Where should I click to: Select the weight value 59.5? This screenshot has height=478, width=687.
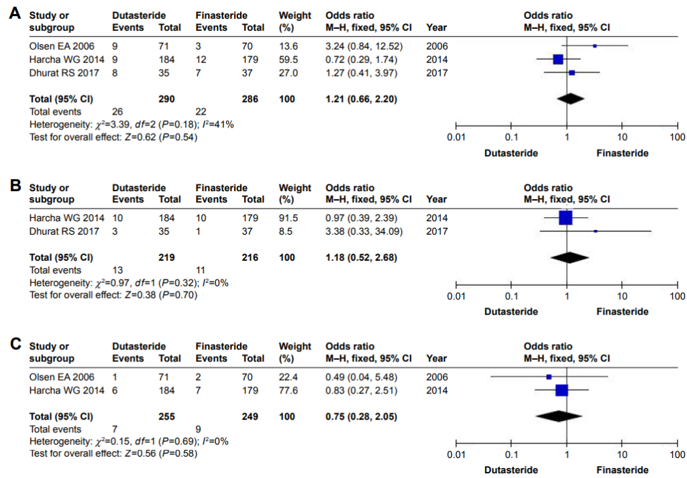coord(287,59)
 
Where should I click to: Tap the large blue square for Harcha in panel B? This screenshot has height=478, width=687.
coord(566,218)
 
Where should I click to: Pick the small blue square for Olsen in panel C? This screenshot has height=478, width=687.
coord(549,377)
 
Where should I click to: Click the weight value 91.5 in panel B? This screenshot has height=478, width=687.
coord(287,218)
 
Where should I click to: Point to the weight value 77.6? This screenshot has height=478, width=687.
coord(287,390)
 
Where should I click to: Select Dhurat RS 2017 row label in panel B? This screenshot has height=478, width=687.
coord(64,231)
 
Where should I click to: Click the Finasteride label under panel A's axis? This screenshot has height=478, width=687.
coord(622,153)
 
